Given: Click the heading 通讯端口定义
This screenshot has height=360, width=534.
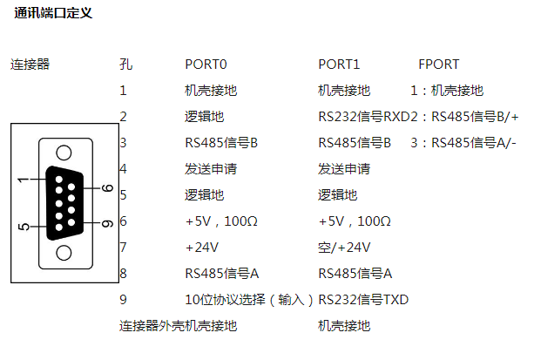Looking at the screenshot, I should click(x=53, y=14).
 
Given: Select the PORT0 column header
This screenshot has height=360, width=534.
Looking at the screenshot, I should click(x=206, y=65).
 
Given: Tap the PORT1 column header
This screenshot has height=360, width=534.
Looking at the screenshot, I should click(x=339, y=65).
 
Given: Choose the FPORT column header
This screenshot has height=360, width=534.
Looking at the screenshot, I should click(x=438, y=65).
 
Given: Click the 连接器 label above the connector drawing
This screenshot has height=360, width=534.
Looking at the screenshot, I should click(x=30, y=65).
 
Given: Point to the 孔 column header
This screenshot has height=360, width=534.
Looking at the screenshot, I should click(x=125, y=65).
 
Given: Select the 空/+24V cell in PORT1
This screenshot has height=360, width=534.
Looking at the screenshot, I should click(x=345, y=247).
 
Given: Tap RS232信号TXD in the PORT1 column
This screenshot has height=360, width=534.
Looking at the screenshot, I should click(x=363, y=300).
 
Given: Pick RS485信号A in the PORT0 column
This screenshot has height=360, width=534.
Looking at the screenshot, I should click(x=222, y=273).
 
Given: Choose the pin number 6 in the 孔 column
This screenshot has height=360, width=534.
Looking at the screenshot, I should click(x=124, y=221).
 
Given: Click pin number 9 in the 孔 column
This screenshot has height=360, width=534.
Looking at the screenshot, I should click(x=124, y=300).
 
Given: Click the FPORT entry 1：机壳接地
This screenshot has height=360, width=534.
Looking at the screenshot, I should click(x=446, y=90).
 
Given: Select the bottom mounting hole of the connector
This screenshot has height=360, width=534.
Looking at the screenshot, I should click(x=64, y=254).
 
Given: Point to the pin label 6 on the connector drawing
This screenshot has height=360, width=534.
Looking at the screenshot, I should click(x=107, y=187).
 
